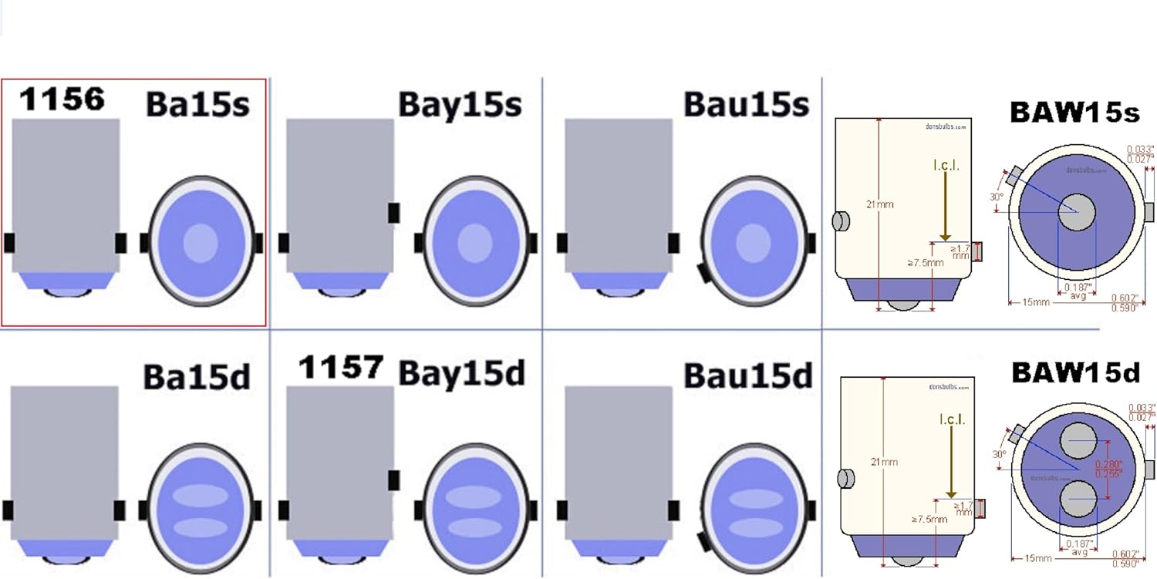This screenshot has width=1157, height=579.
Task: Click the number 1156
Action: click(x=62, y=99)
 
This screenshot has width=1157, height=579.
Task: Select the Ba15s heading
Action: click(x=197, y=105)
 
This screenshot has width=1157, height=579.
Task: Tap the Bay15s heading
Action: click(x=460, y=105)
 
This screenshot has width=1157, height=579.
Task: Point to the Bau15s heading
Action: click(x=746, y=105)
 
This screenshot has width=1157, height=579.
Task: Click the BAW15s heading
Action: click(x=1074, y=113)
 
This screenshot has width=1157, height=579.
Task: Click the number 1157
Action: click(x=340, y=368)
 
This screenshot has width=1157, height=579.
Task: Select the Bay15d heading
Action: click(x=461, y=374)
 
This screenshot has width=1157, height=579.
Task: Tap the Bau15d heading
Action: click(x=748, y=375)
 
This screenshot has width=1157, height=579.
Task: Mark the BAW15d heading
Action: click(x=1075, y=373)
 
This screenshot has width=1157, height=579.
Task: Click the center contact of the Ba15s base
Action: click(x=201, y=242)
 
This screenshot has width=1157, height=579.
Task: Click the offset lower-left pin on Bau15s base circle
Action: click(x=703, y=272)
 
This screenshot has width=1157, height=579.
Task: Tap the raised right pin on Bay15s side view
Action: click(x=393, y=212)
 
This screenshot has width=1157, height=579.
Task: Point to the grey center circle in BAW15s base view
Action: click(x=1076, y=211)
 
